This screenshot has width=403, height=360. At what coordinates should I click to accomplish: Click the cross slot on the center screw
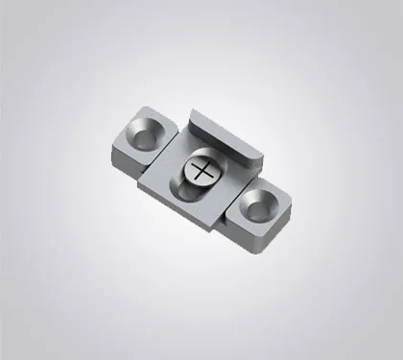click(202, 171)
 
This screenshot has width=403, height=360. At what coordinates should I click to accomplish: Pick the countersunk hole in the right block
click(256, 202)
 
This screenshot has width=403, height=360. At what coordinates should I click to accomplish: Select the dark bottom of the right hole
click(255, 204)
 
